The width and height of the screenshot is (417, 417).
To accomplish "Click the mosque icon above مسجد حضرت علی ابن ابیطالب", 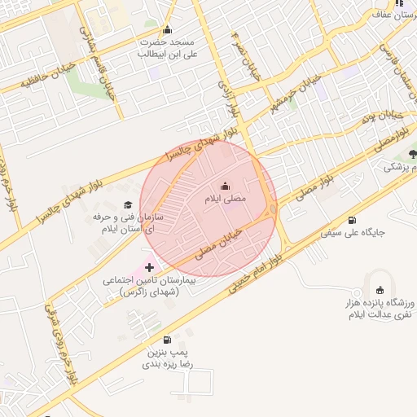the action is (168, 30).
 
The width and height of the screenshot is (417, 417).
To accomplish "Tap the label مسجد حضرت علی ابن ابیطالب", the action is (168, 46).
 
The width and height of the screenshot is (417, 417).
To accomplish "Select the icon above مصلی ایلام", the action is (226, 186).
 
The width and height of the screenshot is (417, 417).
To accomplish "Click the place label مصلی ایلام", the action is (225, 199).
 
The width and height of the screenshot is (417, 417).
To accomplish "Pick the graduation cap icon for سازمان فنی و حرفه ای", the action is (127, 205).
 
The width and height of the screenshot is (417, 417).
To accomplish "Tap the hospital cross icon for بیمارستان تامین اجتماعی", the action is (149, 266).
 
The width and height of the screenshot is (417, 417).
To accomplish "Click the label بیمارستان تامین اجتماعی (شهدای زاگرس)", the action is (144, 285).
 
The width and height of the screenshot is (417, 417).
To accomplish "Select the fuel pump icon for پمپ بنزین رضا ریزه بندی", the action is (168, 340).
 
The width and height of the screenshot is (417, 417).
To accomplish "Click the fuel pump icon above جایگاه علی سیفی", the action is (352, 219).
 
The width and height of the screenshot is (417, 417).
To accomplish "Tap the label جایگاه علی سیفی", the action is (352, 233).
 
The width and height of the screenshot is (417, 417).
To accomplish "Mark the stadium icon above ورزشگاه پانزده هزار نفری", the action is (380, 290).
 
